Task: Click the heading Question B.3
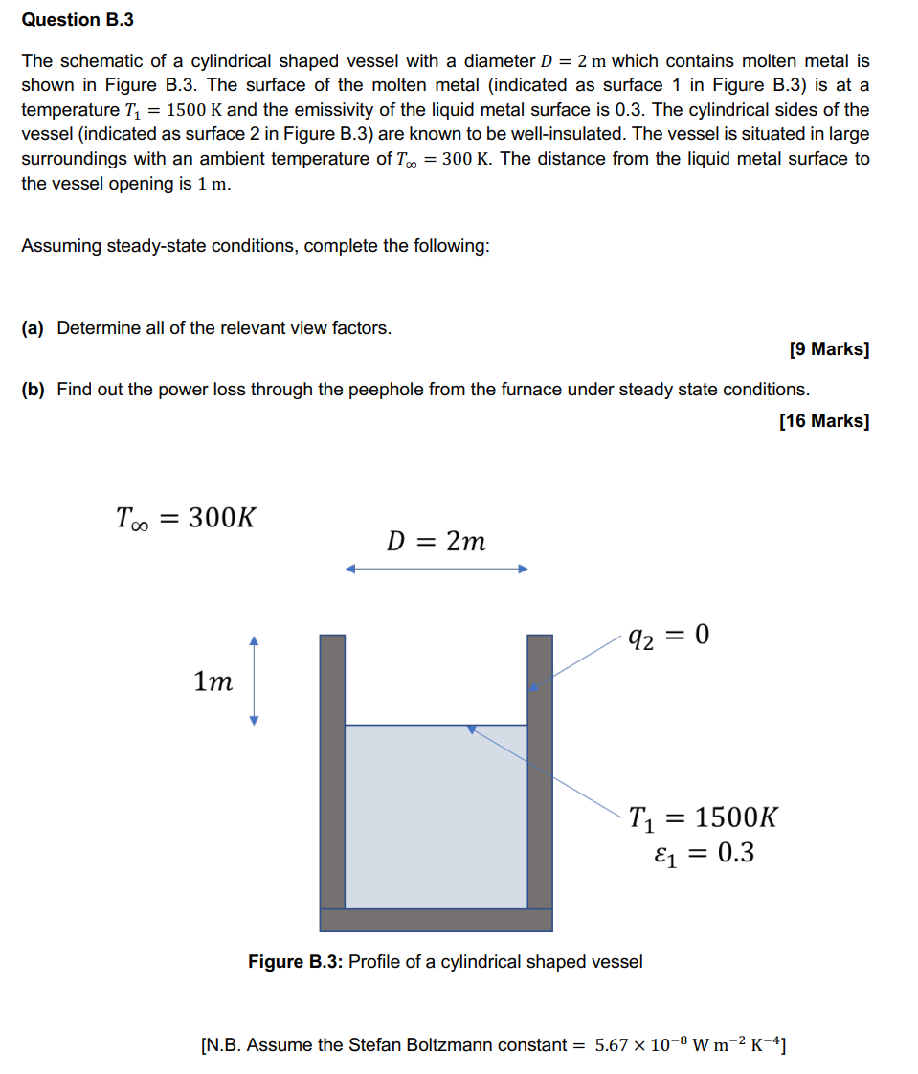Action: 60,20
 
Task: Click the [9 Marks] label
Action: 829,350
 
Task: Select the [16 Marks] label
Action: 824,421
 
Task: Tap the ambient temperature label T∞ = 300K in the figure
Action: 186,519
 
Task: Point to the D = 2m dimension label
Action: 436,542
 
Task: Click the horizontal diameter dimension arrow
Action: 437,570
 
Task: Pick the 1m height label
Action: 213,682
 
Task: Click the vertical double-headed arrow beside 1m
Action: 254,681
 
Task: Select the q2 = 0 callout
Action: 669,636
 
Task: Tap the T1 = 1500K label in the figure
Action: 704,818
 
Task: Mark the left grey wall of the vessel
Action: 331,771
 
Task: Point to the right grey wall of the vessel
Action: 540,771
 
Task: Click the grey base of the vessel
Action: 436,920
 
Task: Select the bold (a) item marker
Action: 33,328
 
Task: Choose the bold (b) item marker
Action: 33,390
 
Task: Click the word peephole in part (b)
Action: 397,390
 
